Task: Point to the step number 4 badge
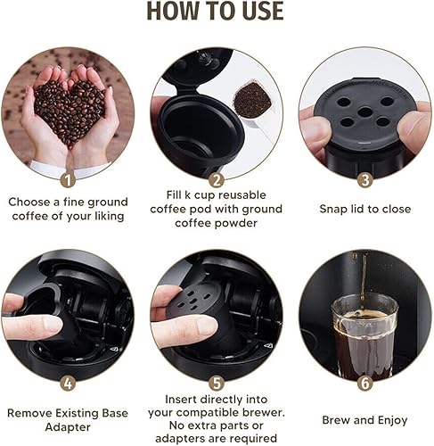68,383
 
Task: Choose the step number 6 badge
364,383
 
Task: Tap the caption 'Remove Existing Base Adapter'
68,414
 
